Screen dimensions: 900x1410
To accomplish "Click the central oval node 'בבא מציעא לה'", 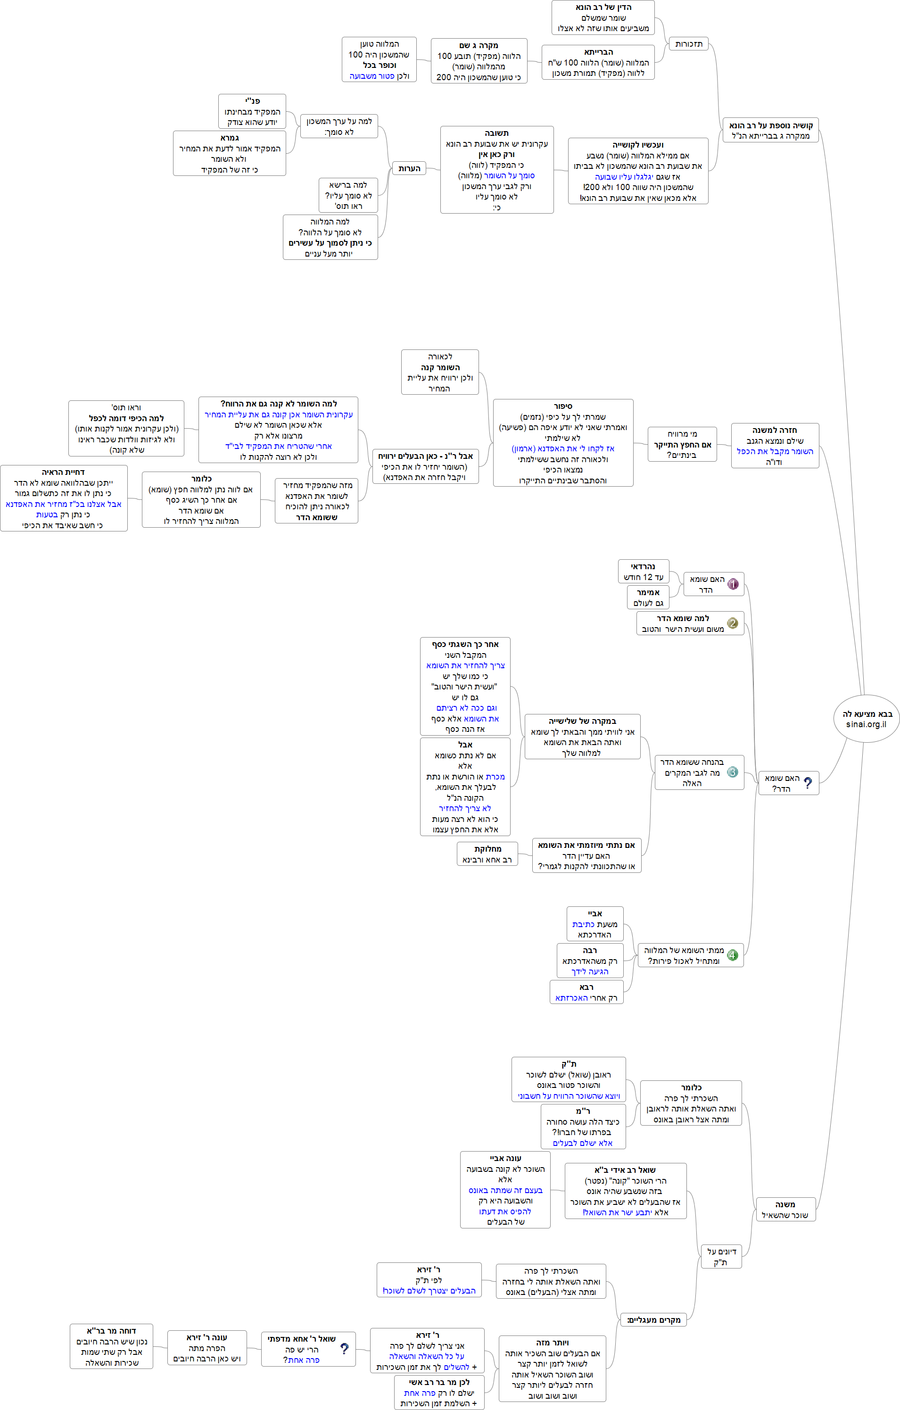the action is pyautogui.click(x=866, y=719).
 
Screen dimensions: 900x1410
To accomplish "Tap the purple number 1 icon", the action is pyautogui.click(x=733, y=584).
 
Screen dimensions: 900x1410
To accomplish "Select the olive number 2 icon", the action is pyautogui.click(x=732, y=623).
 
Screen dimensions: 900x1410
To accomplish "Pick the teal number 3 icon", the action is pyautogui.click(x=732, y=772).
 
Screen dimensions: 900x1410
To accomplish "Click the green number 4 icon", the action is pyautogui.click(x=732, y=955).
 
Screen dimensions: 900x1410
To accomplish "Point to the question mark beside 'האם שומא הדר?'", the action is pyautogui.click(x=808, y=783).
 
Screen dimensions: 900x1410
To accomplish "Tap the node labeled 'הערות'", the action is pyautogui.click(x=409, y=169).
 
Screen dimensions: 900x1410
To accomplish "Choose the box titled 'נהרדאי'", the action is pyautogui.click(x=643, y=572).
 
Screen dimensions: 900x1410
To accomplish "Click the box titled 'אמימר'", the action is pyautogui.click(x=648, y=597).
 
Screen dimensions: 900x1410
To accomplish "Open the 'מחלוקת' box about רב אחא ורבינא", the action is pyautogui.click(x=487, y=854).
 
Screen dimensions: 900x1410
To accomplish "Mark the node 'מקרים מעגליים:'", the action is pyautogui.click(x=653, y=1320).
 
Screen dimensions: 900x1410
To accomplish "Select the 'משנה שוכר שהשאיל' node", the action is pyautogui.click(x=785, y=1210).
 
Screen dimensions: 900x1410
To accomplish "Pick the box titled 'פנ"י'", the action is pyautogui.click(x=252, y=111).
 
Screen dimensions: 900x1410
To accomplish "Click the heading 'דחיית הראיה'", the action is pyautogui.click(x=63, y=472).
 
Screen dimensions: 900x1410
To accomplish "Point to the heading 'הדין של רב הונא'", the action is pyautogui.click(x=603, y=8).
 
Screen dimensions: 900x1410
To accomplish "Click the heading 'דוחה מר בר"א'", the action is pyautogui.click(x=111, y=1331).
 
